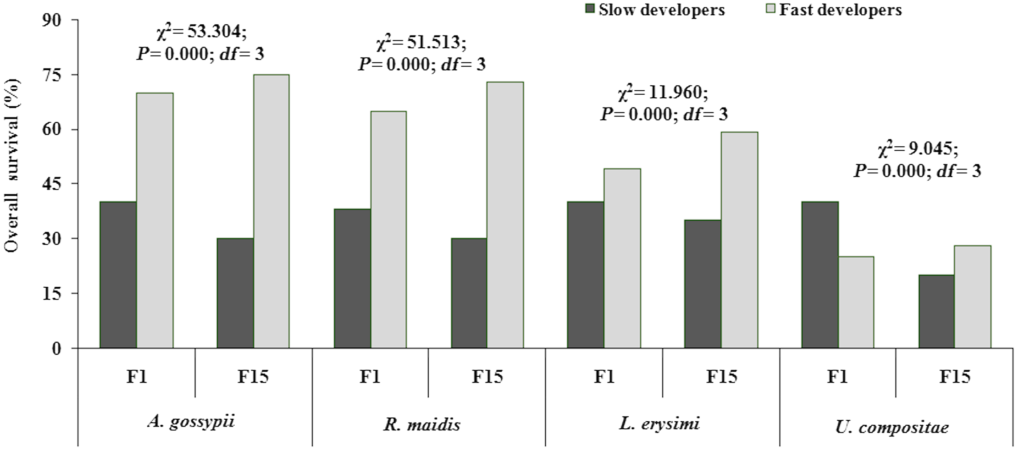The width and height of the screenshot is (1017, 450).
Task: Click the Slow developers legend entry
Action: click(x=656, y=10)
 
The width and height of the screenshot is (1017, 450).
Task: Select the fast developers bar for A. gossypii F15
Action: click(x=271, y=211)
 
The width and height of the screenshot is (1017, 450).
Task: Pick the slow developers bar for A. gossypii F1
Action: click(x=118, y=275)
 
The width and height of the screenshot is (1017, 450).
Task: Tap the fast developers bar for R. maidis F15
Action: click(x=505, y=215)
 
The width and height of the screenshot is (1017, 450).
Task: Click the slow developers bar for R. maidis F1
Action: click(x=352, y=278)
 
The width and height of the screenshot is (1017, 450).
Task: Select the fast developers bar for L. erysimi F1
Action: click(x=622, y=258)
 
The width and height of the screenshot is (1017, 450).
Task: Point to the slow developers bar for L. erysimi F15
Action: click(x=703, y=284)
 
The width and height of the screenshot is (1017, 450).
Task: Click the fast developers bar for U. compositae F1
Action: click(x=856, y=302)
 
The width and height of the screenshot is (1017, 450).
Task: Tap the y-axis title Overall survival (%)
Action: click(x=12, y=166)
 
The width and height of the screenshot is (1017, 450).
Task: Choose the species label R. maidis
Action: click(x=422, y=425)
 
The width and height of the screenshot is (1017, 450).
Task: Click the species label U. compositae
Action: click(x=892, y=426)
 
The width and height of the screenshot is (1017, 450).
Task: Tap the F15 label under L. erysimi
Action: click(x=721, y=377)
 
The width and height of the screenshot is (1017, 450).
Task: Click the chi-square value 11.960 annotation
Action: click(x=663, y=93)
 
